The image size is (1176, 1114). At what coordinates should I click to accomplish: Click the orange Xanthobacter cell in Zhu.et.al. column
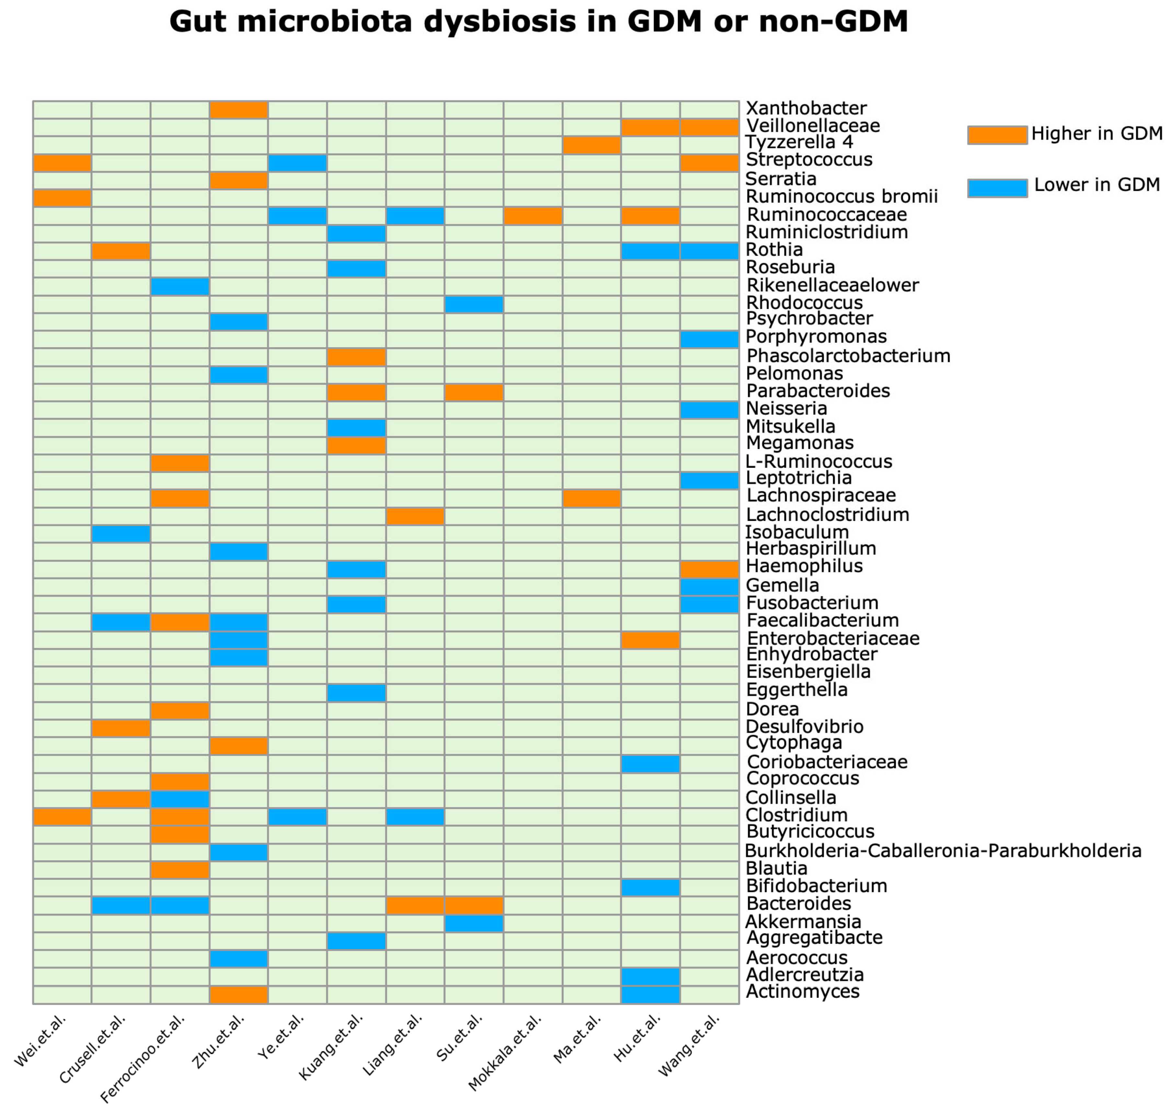pyautogui.click(x=239, y=110)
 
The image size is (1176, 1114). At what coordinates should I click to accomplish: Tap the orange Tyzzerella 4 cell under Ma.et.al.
pyautogui.click(x=591, y=145)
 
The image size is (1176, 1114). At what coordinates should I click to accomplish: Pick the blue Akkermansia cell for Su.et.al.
pyautogui.click(x=474, y=924)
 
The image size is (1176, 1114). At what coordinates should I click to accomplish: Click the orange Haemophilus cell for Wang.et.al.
pyautogui.click(x=709, y=569)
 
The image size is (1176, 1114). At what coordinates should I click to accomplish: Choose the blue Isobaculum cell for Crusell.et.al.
pyautogui.click(x=121, y=534)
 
